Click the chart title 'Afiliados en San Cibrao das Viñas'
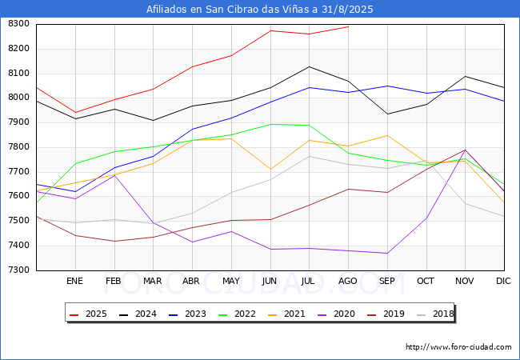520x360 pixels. (259, 10)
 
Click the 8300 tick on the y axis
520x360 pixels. (18, 24)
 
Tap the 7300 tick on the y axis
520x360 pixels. (18, 270)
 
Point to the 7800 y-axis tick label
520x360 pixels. (18, 147)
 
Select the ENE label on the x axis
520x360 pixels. (75, 282)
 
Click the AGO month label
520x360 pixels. (348, 282)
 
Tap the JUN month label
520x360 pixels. (270, 282)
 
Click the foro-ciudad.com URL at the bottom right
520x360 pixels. (458, 347)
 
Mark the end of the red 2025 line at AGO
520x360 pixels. (348, 26)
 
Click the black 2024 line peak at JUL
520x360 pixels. (309, 66)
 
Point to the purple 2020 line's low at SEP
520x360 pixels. (387, 254)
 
